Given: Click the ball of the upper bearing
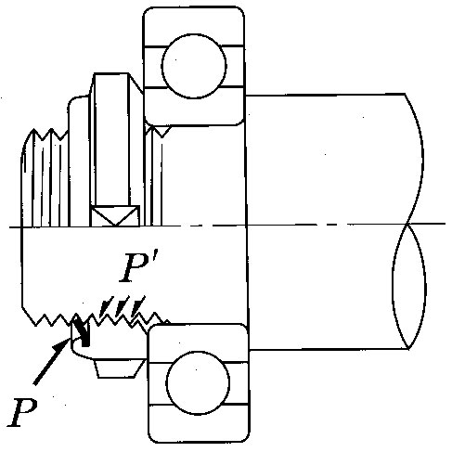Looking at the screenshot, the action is pos(194,66).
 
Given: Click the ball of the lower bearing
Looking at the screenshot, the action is pos(198,382).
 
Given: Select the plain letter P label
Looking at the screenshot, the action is pos(22,412).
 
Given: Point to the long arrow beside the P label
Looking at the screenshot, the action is pos(51,362).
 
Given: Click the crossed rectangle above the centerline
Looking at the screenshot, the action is pos(114,215).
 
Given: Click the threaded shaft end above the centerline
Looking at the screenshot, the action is pos(45,178).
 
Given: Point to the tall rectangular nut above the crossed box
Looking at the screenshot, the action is pos(111,139).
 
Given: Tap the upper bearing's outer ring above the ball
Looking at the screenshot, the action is pos(194,26).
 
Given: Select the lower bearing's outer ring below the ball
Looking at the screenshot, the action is pos(199,424).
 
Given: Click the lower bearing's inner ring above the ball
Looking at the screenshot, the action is pos(198,342).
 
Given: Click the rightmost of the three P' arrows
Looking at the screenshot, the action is pos(138,305).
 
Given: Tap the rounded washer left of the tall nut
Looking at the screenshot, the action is pos(79,161).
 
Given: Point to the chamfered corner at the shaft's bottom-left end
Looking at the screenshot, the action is pos(28,316).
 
